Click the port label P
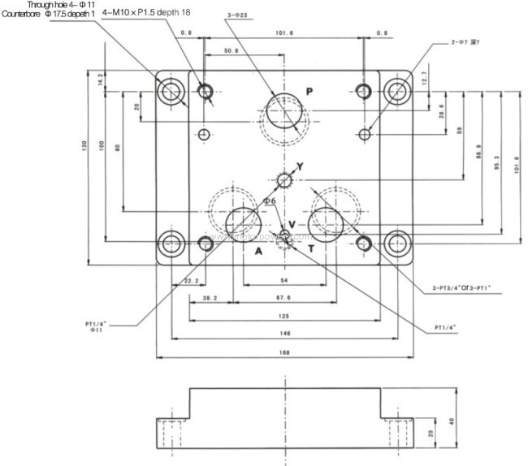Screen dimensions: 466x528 click(309, 90)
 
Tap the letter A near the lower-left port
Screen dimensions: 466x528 click(259, 251)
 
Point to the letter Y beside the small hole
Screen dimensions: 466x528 click(300, 166)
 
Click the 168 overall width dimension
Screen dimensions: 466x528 click(284, 352)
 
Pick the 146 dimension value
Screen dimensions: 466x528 click(284, 333)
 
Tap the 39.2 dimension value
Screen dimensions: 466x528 click(210, 298)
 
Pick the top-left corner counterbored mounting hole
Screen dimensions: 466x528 click(171, 92)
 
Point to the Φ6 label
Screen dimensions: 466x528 click(269, 201)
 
